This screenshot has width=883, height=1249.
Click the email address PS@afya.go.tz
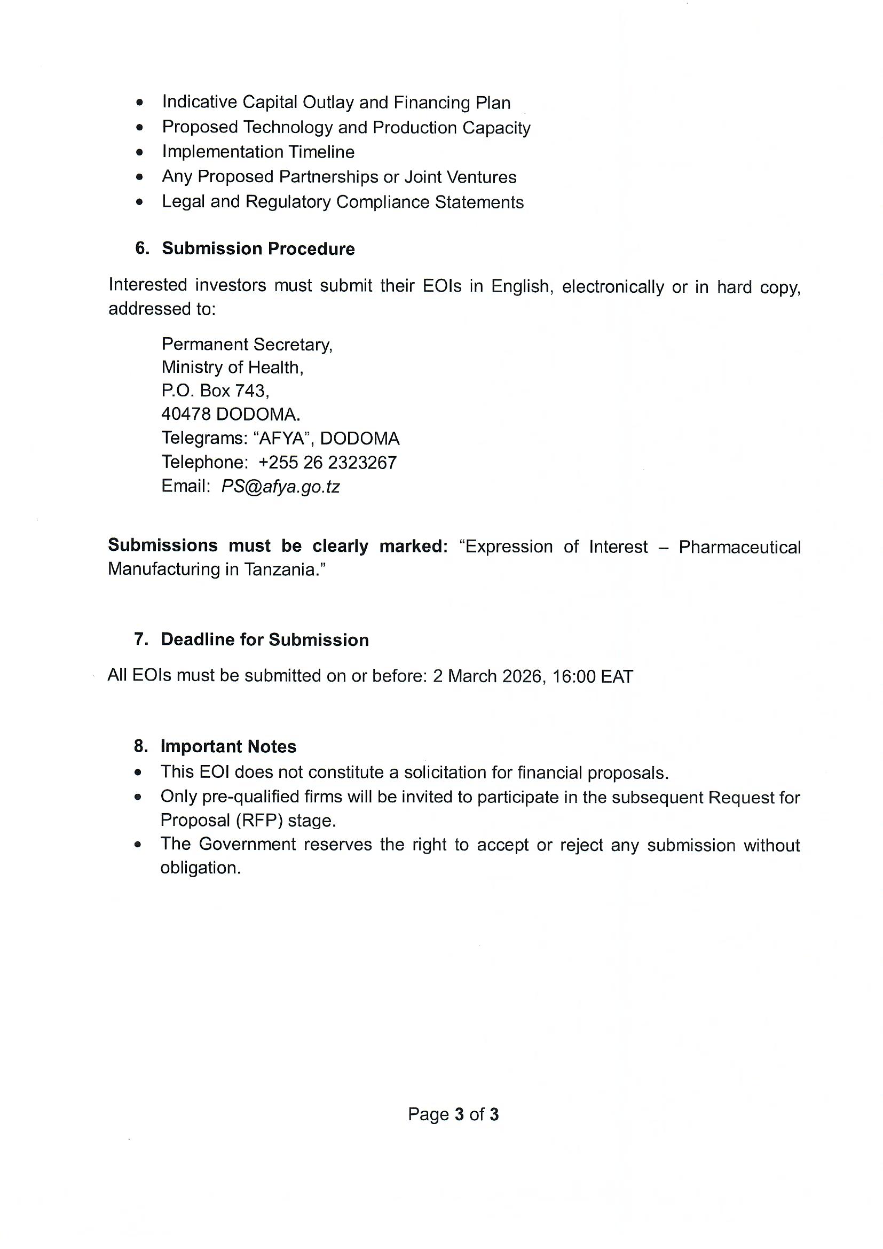click(280, 486)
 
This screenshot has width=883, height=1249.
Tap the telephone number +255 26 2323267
click(327, 463)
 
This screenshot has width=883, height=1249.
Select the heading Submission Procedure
click(258, 248)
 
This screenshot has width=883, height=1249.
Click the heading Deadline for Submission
click(265, 640)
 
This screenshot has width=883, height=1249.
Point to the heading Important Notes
click(228, 746)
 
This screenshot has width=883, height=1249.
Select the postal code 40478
click(186, 415)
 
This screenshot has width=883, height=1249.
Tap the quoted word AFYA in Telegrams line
click(282, 439)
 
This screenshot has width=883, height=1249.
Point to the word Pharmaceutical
click(739, 547)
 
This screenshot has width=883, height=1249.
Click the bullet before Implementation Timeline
click(140, 152)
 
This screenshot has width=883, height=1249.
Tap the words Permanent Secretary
click(247, 345)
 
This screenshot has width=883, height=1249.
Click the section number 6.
click(141, 248)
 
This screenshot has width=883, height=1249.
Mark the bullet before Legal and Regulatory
click(140, 202)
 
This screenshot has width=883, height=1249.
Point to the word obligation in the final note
click(200, 868)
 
